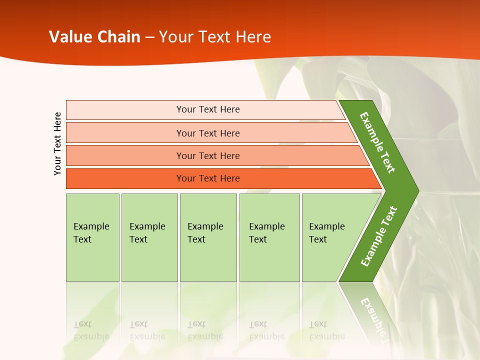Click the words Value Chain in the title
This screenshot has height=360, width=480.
coord(94,37)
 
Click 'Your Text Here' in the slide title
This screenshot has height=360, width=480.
coord(215,37)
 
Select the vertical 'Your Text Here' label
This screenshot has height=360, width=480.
coord(57,143)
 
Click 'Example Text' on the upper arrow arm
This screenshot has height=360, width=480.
coord(377,142)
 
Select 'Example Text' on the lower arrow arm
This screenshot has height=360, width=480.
coord(378,236)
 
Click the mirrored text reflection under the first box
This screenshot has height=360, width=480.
coord(91,330)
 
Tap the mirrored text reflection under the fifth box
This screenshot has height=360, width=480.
coord(326,330)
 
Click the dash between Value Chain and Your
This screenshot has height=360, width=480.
coord(149,37)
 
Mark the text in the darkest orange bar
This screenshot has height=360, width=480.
coord(208,178)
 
